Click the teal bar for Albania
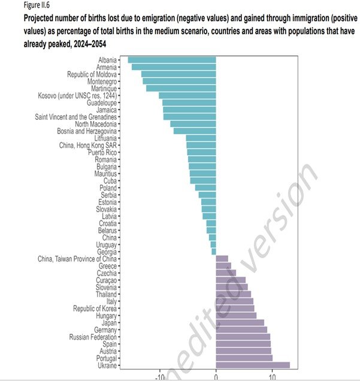(x=171, y=60)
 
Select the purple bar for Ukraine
(x=253, y=365)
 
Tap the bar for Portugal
(x=244, y=358)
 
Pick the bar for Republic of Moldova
(x=179, y=74)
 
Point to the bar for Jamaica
(x=189, y=110)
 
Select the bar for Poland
(x=205, y=188)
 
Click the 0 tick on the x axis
(x=216, y=377)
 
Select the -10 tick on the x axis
(x=159, y=377)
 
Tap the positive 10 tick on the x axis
(x=273, y=377)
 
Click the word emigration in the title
(x=179, y=19)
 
